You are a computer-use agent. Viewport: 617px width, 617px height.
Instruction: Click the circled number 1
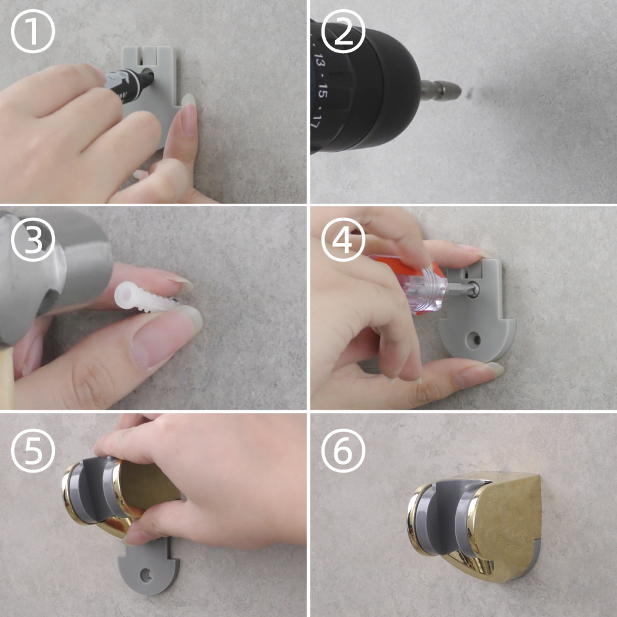tap(33, 31)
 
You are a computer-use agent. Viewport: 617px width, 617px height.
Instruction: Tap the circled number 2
tap(343, 31)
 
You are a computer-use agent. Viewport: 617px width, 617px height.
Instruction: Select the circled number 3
tap(33, 239)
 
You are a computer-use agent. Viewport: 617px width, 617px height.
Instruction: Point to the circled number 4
tap(343, 239)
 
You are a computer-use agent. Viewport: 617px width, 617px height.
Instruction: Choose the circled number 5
tap(33, 450)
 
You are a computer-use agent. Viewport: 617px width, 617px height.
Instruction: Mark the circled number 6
tap(343, 450)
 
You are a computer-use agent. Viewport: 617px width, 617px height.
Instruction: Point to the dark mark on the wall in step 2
tap(470, 94)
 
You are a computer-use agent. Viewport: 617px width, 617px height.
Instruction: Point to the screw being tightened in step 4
tap(473, 290)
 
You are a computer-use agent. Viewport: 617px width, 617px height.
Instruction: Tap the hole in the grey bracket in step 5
tap(147, 575)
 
